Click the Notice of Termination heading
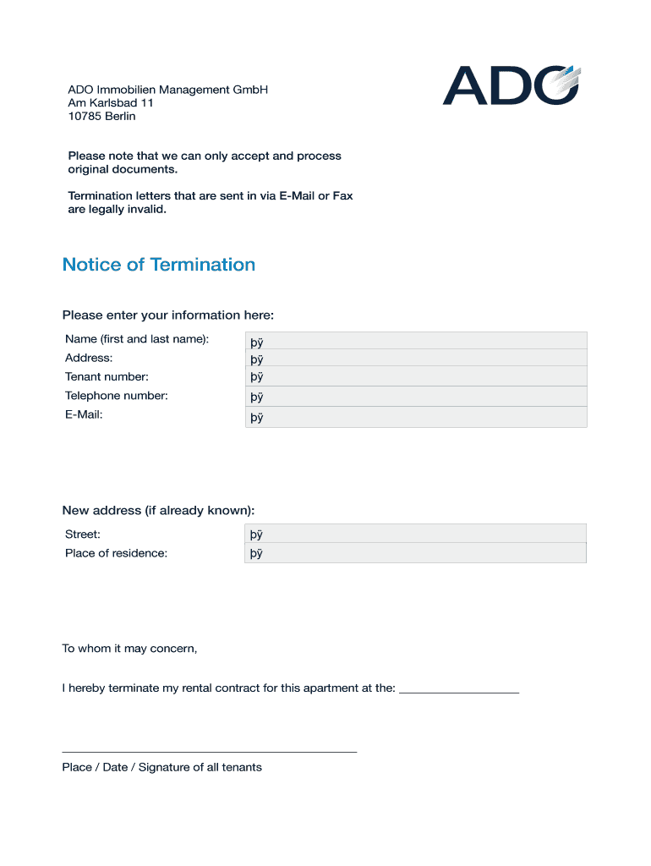(159, 265)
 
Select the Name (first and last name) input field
(415, 341)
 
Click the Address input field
(415, 359)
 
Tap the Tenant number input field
(415, 376)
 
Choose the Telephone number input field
(415, 397)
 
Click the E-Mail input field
(415, 417)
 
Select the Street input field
(415, 534)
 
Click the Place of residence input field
(415, 553)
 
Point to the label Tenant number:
(107, 377)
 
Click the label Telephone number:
(117, 396)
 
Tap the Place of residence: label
(116, 553)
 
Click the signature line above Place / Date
(209, 751)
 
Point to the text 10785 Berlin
(101, 117)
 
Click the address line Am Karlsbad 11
(111, 103)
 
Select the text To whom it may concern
(129, 649)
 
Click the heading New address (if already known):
(158, 511)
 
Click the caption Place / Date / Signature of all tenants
(161, 767)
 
